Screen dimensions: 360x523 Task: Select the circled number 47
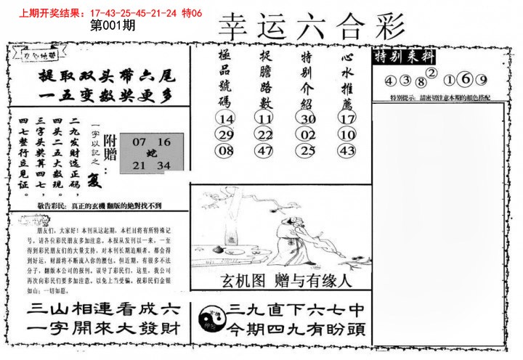(x=264, y=151)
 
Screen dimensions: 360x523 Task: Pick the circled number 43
(x=346, y=151)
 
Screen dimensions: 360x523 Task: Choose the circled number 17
(x=346, y=118)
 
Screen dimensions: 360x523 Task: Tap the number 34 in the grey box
(x=163, y=166)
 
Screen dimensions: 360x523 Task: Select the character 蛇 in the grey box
(x=151, y=153)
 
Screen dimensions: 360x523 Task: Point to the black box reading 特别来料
(x=401, y=58)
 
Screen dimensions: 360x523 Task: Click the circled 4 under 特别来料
(x=390, y=81)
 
